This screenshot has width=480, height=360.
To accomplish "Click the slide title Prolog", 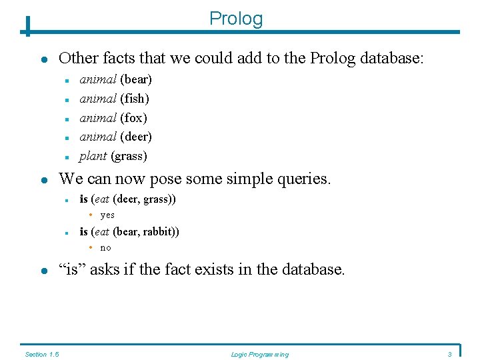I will pyautogui.click(x=236, y=19).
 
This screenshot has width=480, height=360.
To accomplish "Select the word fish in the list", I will pyautogui.click(x=134, y=99).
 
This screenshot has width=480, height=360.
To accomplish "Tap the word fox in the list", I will pyautogui.click(x=133, y=118).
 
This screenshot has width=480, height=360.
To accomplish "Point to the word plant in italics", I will pyautogui.click(x=93, y=157).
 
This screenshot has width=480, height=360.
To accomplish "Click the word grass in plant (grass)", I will pyautogui.click(x=129, y=157).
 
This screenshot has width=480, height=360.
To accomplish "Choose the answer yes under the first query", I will pyautogui.click(x=107, y=215).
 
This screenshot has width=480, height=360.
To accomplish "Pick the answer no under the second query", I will pyautogui.click(x=105, y=248).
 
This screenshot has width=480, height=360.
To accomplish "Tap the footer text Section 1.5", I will pyautogui.click(x=42, y=355).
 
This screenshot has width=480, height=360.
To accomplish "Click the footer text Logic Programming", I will pyautogui.click(x=259, y=355).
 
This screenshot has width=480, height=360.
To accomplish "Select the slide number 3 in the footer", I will pyautogui.click(x=450, y=355).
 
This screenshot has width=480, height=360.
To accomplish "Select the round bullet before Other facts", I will pyautogui.click(x=43, y=59).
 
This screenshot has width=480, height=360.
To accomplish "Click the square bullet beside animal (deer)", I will pyautogui.click(x=67, y=138).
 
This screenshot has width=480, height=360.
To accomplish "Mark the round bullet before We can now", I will pyautogui.click(x=43, y=180).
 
